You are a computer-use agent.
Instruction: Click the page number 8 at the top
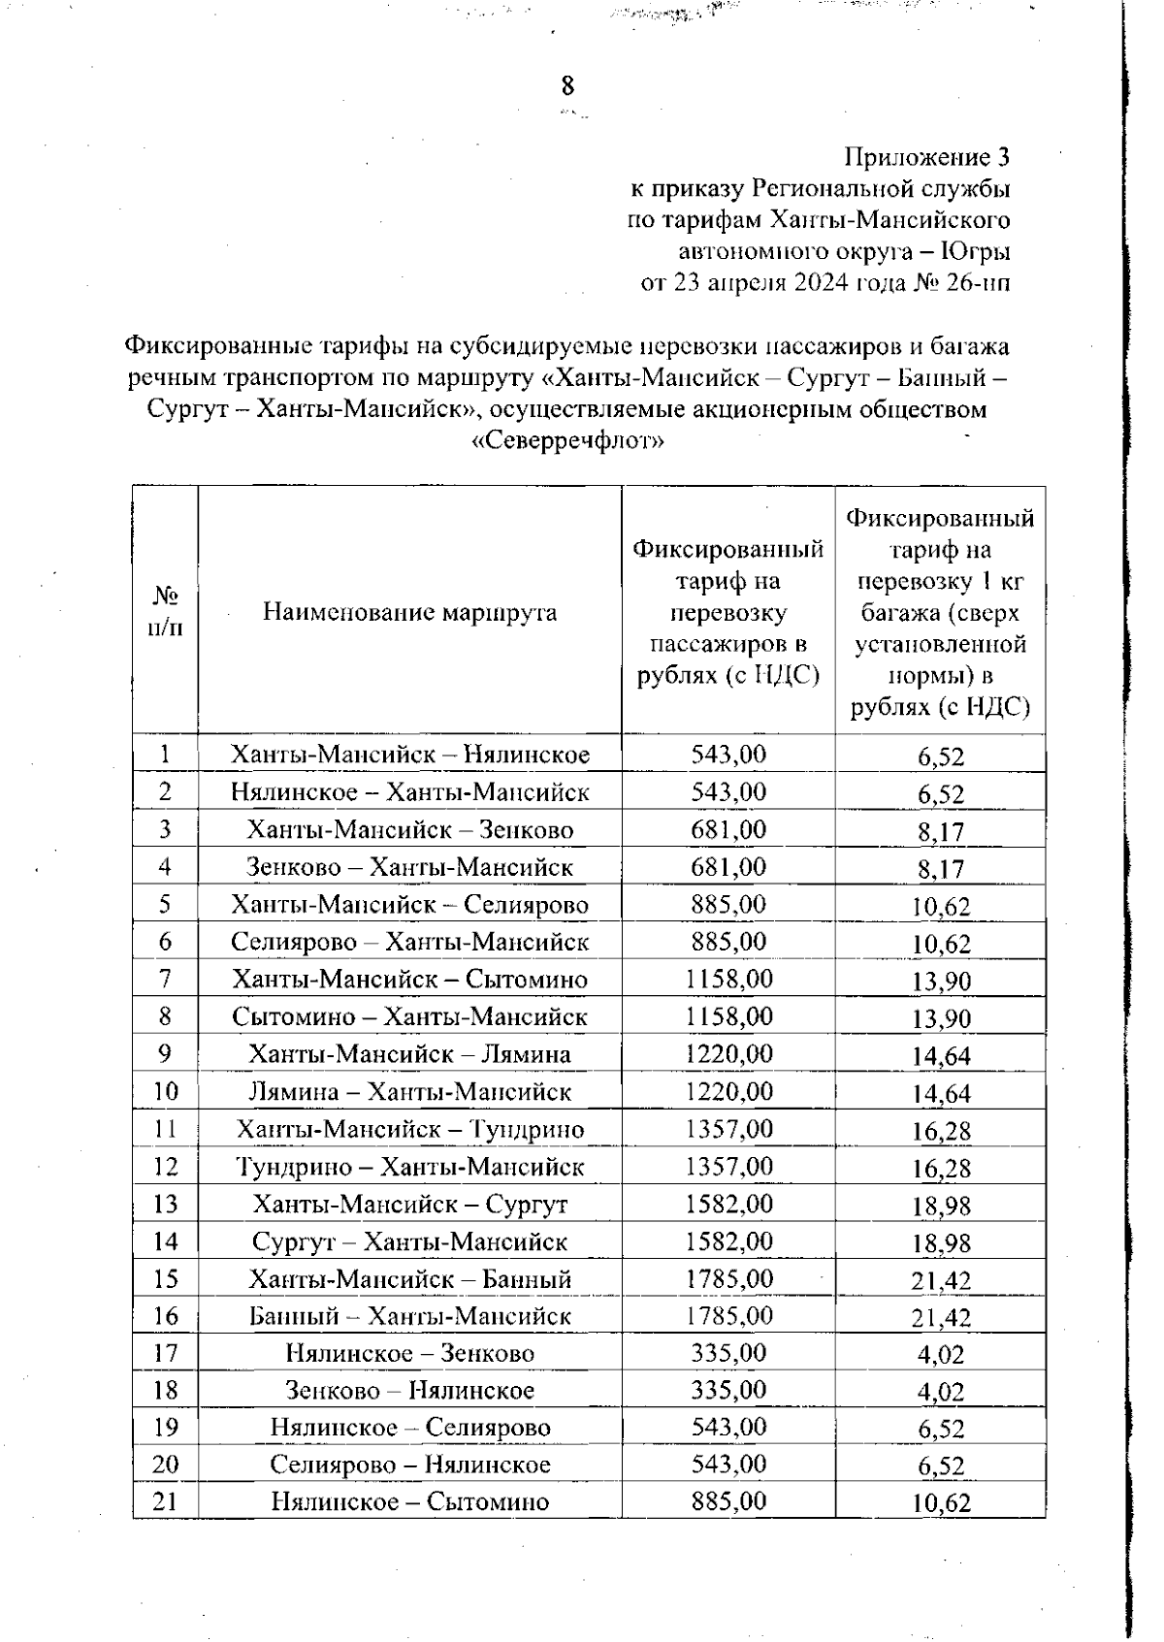click(x=567, y=86)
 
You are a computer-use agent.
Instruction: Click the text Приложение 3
click(x=927, y=156)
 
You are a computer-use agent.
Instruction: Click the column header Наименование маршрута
click(x=409, y=612)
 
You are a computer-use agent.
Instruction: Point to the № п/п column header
click(x=166, y=611)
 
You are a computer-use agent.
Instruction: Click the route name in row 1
click(x=409, y=755)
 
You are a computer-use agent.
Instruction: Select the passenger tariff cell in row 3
click(x=727, y=829)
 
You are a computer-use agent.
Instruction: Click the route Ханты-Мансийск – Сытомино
click(x=409, y=980)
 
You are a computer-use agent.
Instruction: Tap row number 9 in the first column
click(x=166, y=1053)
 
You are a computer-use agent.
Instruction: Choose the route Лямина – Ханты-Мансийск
click(x=409, y=1092)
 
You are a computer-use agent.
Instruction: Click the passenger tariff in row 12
click(x=727, y=1166)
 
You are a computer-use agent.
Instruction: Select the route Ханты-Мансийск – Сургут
click(x=409, y=1205)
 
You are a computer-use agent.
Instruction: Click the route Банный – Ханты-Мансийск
click(x=409, y=1316)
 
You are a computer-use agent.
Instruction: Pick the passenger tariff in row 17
click(x=727, y=1353)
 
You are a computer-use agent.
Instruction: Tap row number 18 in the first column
click(x=166, y=1390)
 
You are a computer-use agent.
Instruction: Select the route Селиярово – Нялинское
click(x=409, y=1465)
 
